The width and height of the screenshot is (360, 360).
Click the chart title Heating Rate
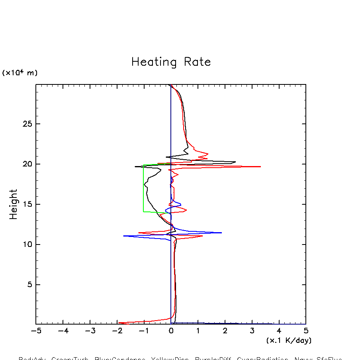click(171, 62)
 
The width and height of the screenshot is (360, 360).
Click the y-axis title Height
click(14, 204)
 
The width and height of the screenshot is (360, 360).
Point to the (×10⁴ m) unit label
click(20, 73)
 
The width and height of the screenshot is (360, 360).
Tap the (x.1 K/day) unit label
click(289, 340)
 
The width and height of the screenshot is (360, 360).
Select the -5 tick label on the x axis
click(36, 331)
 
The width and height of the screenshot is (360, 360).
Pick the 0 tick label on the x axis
click(171, 331)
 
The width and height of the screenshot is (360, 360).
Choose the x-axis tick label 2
click(225, 331)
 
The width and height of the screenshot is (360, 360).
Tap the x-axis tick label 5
click(306, 331)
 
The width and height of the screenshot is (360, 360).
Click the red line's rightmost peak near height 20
click(260, 166)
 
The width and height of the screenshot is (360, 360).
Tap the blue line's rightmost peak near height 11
click(221, 233)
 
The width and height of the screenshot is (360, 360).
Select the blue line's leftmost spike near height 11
click(124, 236)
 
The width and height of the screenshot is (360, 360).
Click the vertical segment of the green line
click(143, 187)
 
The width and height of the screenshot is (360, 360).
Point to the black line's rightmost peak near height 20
click(235, 162)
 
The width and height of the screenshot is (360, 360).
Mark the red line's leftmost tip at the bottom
click(119, 323)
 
